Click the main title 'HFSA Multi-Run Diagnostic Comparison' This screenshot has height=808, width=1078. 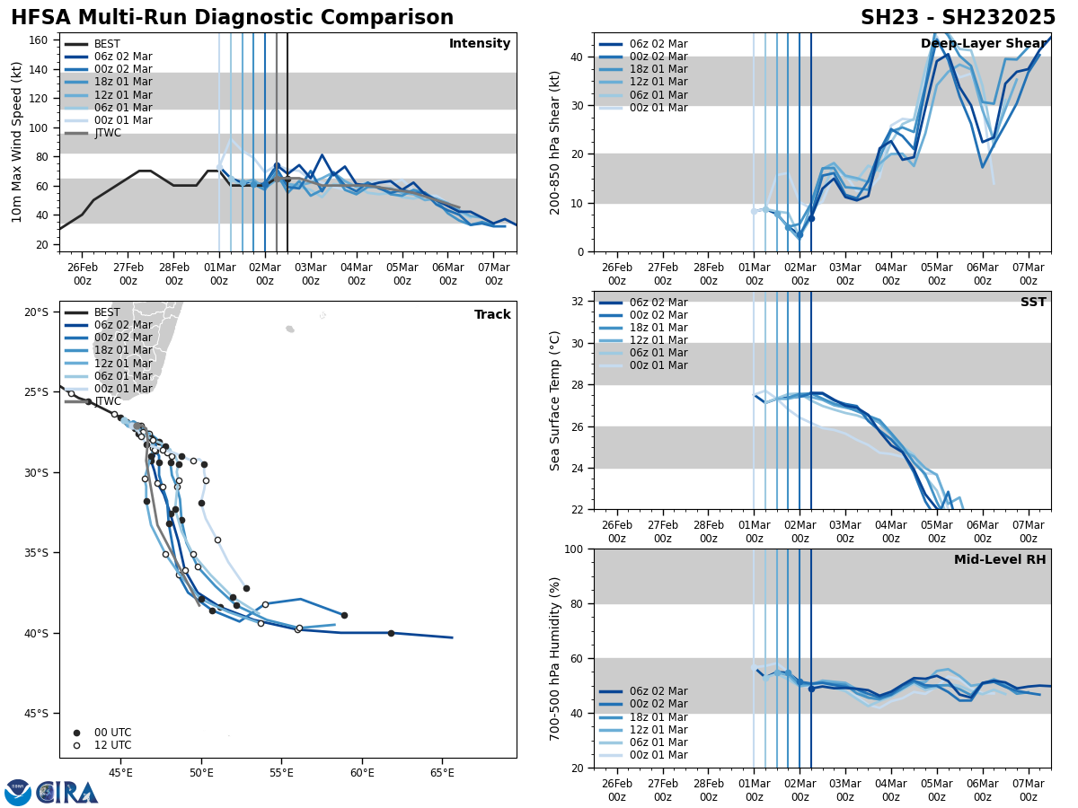click(232, 18)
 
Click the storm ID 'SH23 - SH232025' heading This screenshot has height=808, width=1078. click(958, 18)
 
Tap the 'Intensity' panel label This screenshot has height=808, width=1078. click(480, 44)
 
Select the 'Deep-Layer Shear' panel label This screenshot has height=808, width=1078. click(984, 44)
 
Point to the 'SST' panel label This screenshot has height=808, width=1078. click(1033, 303)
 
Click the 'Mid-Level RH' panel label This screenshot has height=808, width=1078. click(1000, 560)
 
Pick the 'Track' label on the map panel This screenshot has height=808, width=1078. click(492, 315)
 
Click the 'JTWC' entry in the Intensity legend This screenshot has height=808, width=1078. click(107, 133)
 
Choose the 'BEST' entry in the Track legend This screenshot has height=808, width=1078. click(107, 312)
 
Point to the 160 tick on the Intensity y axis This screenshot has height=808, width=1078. click(40, 40)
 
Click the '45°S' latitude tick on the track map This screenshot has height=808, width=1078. click(36, 714)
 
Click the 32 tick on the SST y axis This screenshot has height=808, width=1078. click(579, 302)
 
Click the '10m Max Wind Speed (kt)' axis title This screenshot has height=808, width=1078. click(17, 142)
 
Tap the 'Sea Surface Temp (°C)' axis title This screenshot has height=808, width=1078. click(555, 400)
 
